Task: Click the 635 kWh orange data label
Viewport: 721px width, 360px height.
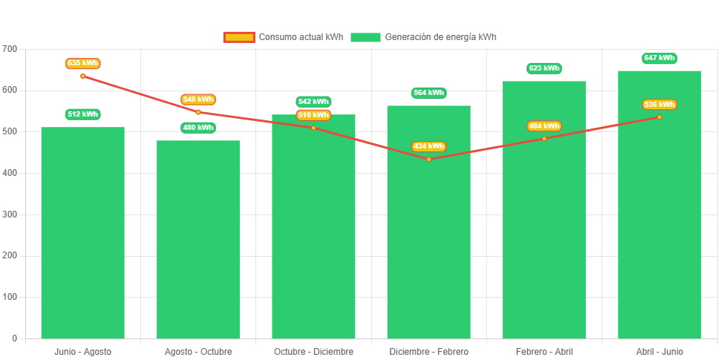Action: coord(82,63)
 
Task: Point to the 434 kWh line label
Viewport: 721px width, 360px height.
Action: coord(428,146)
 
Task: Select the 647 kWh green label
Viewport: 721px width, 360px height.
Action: coord(659,58)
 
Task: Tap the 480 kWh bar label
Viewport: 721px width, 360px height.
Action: coord(198,128)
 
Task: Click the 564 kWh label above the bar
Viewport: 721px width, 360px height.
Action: coord(428,93)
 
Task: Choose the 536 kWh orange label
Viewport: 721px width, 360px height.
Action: coord(659,105)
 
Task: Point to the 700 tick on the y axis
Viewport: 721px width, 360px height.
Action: coord(10,48)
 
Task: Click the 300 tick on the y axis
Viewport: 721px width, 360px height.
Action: coord(10,214)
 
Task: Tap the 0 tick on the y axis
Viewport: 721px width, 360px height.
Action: coord(13,338)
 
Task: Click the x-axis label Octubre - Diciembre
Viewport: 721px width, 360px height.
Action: coord(313,351)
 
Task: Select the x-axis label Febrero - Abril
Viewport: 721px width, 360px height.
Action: coord(544,351)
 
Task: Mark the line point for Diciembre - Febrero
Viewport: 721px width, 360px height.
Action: coord(428,159)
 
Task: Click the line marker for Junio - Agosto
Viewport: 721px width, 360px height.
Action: coord(82,76)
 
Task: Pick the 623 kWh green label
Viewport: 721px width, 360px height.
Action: coord(544,68)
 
